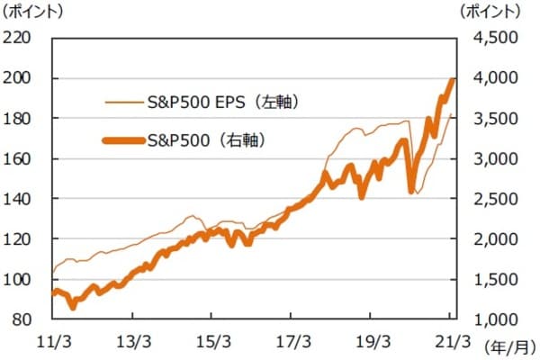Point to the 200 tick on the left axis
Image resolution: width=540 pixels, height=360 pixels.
click(x=20, y=78)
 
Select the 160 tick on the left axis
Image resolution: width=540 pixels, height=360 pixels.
click(x=20, y=158)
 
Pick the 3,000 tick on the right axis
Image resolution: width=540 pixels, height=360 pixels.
click(x=491, y=158)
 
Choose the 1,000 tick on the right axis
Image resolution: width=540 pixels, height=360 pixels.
click(x=491, y=319)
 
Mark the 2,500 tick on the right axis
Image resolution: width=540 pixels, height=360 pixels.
click(x=491, y=199)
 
